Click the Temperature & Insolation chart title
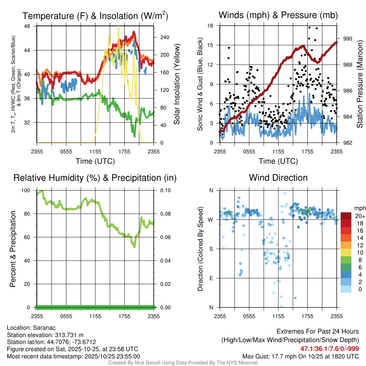pyautogui.click(x=95, y=16)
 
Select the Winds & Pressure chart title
pyautogui.click(x=278, y=15)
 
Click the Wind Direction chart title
pyautogui.click(x=278, y=178)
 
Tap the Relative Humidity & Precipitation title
pyautogui.click(x=95, y=178)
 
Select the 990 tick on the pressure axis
pyautogui.click(x=348, y=39)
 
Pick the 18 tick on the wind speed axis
pyautogui.click(x=210, y=26)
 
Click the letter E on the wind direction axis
pyautogui.click(x=211, y=278)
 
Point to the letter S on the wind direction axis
pyautogui.click(x=211, y=249)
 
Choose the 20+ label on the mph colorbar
pyautogui.click(x=360, y=216)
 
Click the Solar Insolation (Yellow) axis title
pyautogui.click(x=177, y=84)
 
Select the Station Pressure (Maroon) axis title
pyautogui.click(x=360, y=84)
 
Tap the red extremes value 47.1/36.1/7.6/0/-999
pyautogui.click(x=329, y=348)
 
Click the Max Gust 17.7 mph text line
pyautogui.click(x=301, y=356)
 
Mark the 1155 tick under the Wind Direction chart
pyautogui.click(x=278, y=316)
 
